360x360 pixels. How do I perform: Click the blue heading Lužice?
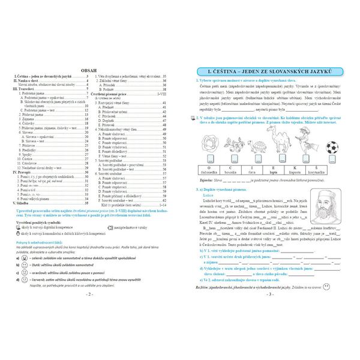coord(209,196)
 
